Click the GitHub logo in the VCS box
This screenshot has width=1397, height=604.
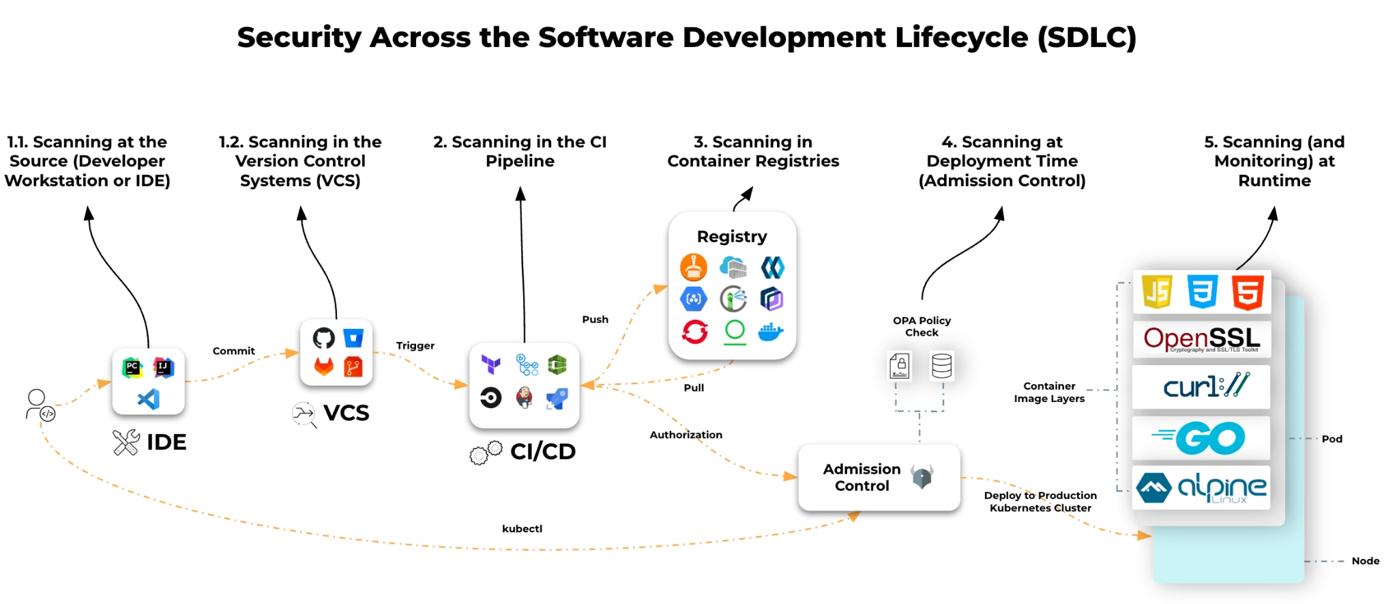point(323,338)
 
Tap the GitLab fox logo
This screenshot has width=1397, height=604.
point(323,367)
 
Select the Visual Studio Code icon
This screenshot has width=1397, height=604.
point(149,399)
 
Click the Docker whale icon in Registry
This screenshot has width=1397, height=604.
point(771,332)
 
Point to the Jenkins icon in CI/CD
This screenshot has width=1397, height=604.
point(524,397)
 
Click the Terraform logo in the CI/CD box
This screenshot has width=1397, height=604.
point(491,364)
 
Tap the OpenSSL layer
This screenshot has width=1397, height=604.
point(1201,339)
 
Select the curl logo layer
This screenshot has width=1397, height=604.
point(1201,386)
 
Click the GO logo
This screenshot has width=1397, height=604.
point(1201,438)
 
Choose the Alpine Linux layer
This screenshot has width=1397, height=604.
point(1201,487)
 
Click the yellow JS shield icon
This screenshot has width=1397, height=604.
point(1157,292)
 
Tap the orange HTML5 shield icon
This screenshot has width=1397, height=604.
point(1248,292)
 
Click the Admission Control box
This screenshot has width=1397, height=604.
point(879,477)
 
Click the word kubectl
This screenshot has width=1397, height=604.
point(522,528)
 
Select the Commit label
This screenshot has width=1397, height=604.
point(233,351)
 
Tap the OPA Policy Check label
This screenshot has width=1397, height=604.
point(922,326)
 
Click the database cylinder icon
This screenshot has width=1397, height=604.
point(941,366)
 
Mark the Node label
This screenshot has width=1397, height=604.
point(1365,561)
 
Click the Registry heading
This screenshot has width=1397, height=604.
point(732,237)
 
